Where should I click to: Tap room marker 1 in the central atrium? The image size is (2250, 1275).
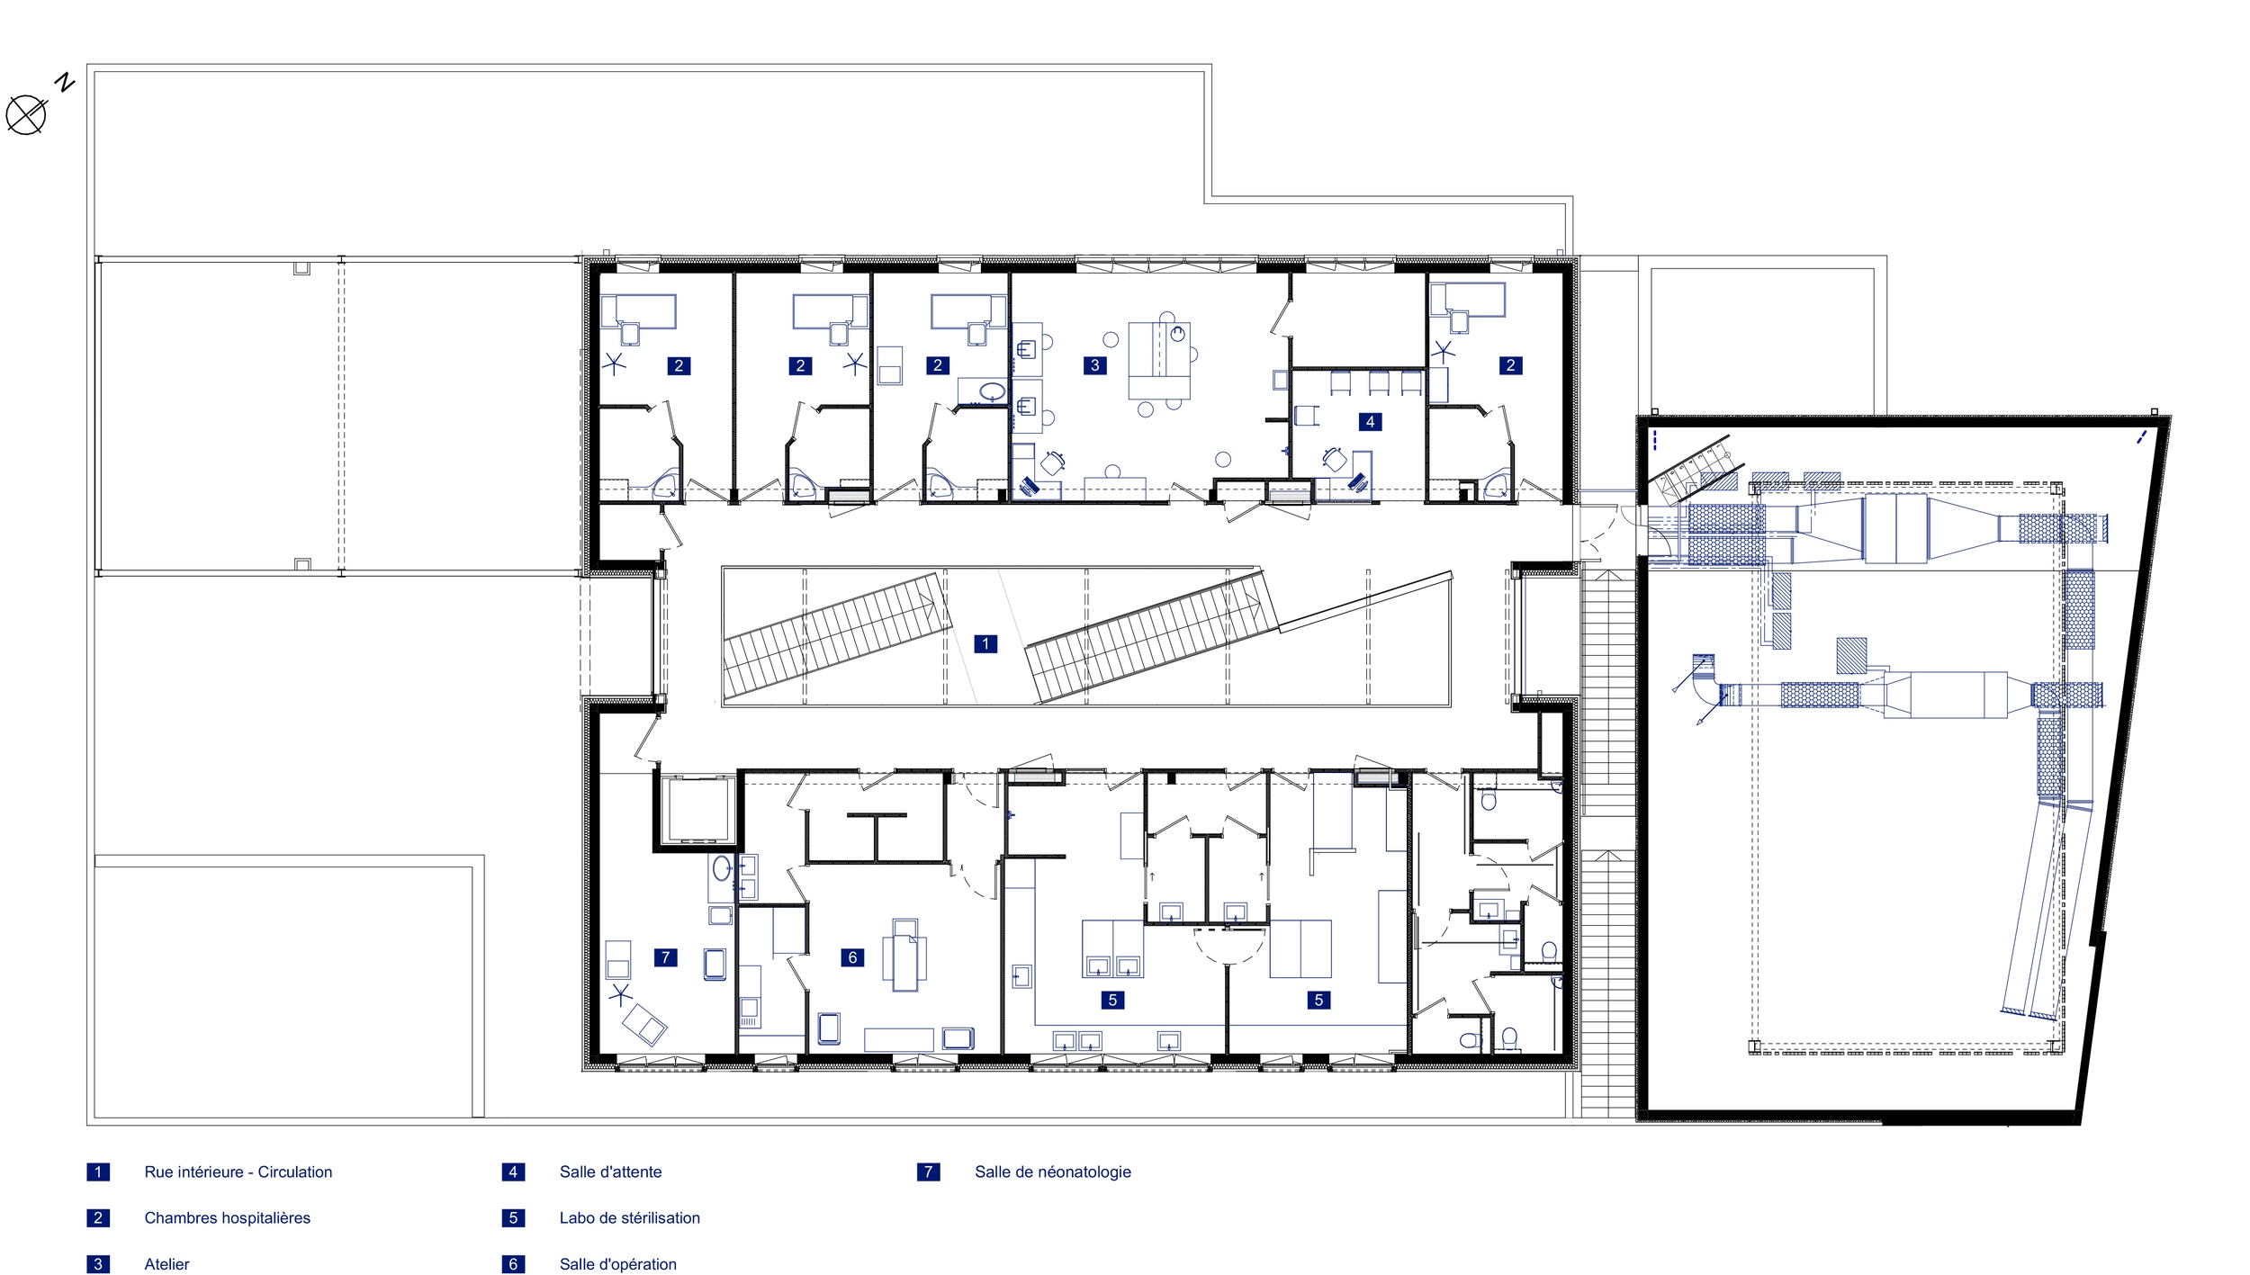[x=985, y=643]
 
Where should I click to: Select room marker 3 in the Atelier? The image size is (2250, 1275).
[x=1094, y=365]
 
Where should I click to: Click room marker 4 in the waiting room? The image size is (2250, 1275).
[x=1370, y=421]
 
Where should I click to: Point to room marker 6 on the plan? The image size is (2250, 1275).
[x=852, y=957]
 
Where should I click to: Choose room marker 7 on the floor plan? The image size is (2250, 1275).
[x=665, y=957]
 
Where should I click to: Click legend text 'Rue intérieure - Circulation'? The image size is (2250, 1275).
[x=238, y=1172]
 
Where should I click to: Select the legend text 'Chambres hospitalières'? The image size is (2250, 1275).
[x=228, y=1217]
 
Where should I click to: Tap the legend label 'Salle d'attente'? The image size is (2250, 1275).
[x=610, y=1172]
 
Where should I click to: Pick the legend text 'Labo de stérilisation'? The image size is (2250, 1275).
[x=630, y=1217]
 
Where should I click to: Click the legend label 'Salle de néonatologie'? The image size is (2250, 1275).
[x=1053, y=1172]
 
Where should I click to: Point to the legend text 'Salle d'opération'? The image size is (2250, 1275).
[x=618, y=1264]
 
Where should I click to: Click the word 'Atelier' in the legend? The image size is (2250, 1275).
[x=167, y=1264]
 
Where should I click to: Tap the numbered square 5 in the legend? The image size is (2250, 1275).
[x=513, y=1217]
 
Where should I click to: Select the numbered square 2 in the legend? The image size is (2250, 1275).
[x=98, y=1217]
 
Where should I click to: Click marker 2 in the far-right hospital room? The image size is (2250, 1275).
[x=1510, y=365]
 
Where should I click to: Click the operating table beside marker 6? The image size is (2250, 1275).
[x=904, y=955]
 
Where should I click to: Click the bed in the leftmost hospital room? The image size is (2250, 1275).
[x=638, y=311]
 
